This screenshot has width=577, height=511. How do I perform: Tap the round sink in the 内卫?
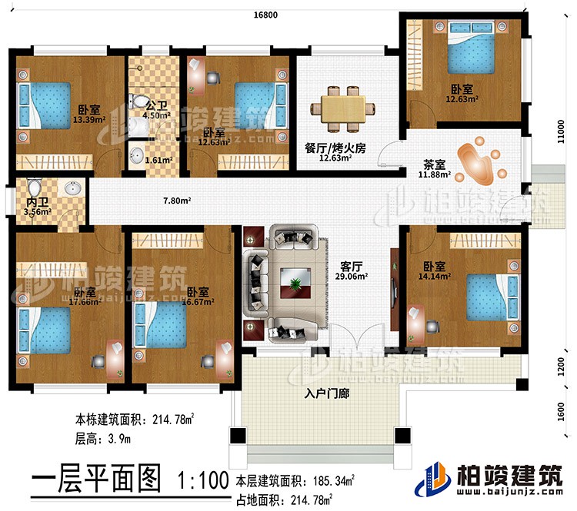point(74,189)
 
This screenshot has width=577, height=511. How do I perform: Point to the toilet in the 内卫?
point(33,188)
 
